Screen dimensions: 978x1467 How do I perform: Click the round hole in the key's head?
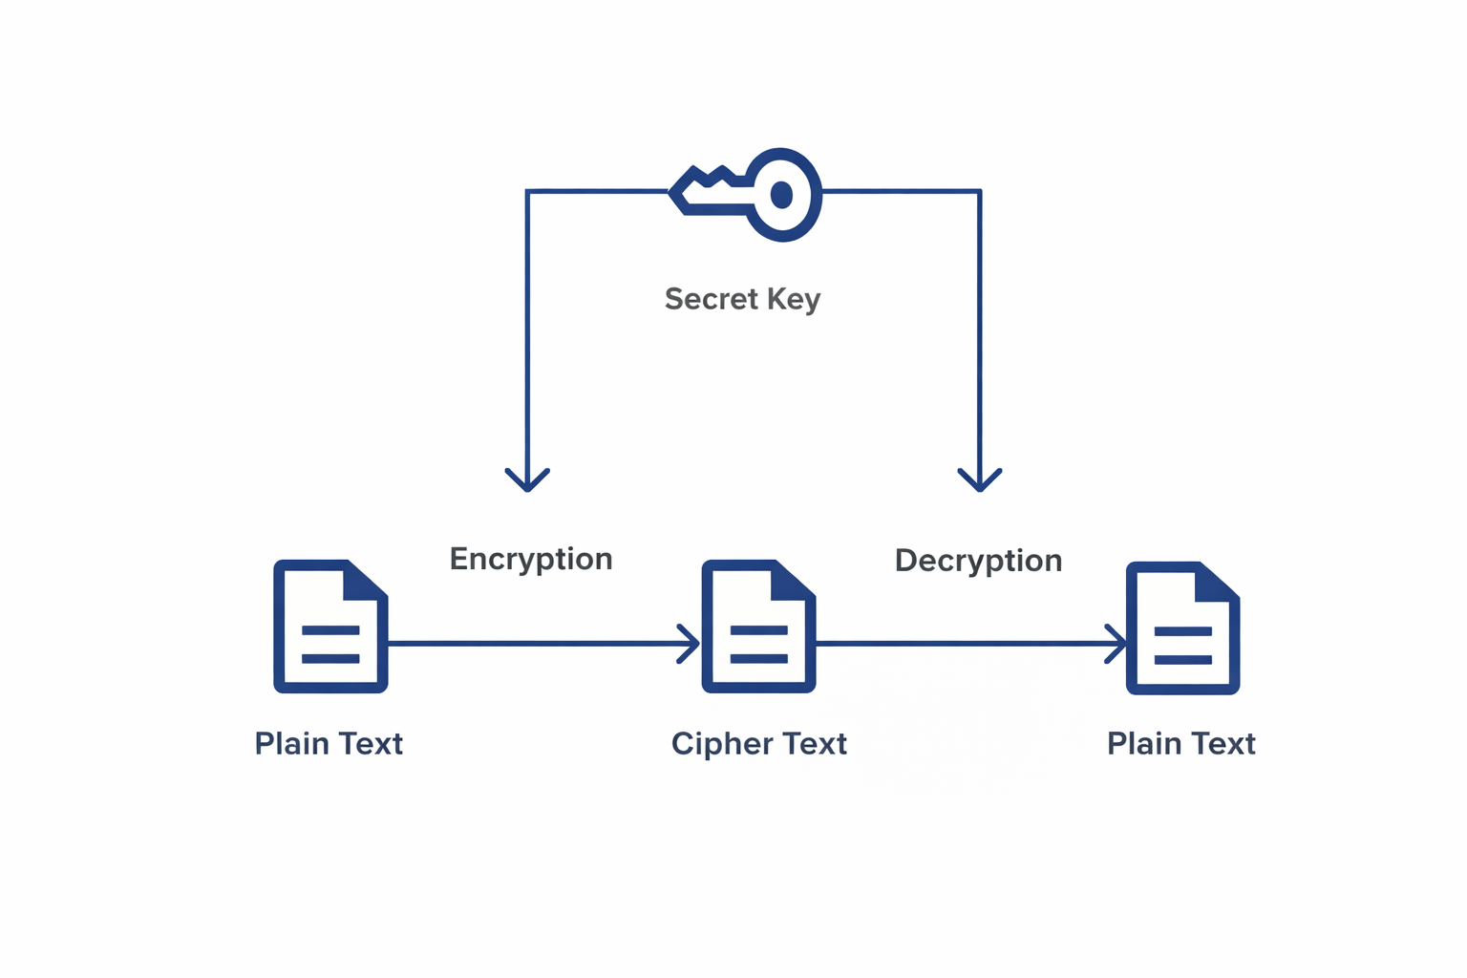click(781, 195)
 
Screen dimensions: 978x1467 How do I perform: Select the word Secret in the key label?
click(712, 299)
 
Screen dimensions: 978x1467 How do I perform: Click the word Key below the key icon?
click(793, 300)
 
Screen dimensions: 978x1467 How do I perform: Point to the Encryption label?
click(531, 559)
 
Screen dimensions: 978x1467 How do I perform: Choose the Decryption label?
click(978, 561)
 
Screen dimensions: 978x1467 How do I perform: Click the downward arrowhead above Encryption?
click(527, 479)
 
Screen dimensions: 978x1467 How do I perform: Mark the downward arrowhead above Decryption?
click(980, 479)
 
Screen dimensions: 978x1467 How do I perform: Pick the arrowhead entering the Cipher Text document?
click(690, 644)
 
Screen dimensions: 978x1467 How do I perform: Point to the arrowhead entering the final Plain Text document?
click(1116, 644)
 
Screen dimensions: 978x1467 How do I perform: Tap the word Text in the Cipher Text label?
click(815, 744)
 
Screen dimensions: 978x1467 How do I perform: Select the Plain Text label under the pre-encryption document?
click(329, 744)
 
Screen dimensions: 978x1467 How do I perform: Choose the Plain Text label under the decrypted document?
click(1180, 744)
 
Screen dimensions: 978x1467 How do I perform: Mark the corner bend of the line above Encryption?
click(527, 192)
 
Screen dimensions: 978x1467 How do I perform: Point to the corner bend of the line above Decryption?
click(980, 192)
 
